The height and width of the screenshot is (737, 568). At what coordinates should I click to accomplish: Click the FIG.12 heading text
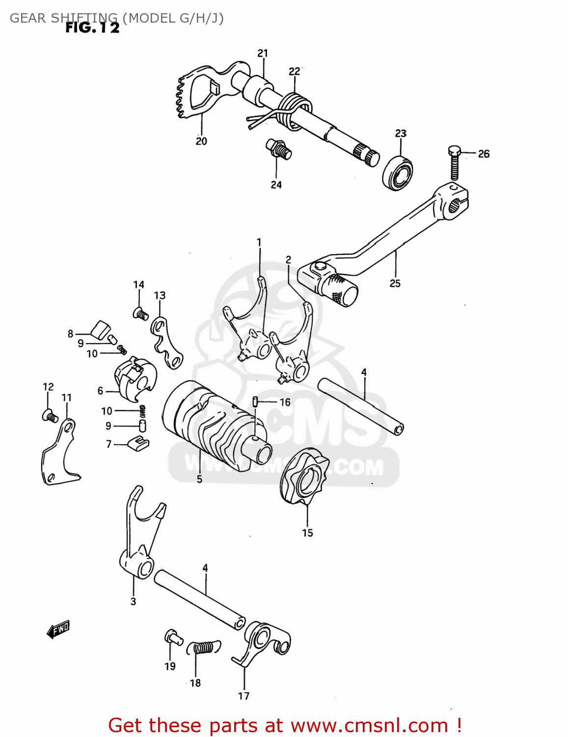(x=92, y=28)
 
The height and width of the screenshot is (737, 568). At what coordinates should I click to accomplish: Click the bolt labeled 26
(x=455, y=163)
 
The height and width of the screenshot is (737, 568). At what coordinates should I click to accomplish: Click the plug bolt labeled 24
(x=278, y=149)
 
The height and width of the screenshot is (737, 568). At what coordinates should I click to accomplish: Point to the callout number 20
(x=201, y=142)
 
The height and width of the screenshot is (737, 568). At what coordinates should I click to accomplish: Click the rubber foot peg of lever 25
(x=339, y=290)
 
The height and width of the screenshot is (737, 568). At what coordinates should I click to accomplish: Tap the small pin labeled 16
(x=255, y=402)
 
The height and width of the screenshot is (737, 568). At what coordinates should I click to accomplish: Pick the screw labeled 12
(x=50, y=417)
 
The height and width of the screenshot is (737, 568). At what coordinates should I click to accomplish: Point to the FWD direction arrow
(x=58, y=629)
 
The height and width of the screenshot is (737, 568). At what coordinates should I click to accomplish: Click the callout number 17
(x=244, y=696)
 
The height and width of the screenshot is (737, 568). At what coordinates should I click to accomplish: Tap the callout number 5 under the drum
(x=199, y=479)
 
